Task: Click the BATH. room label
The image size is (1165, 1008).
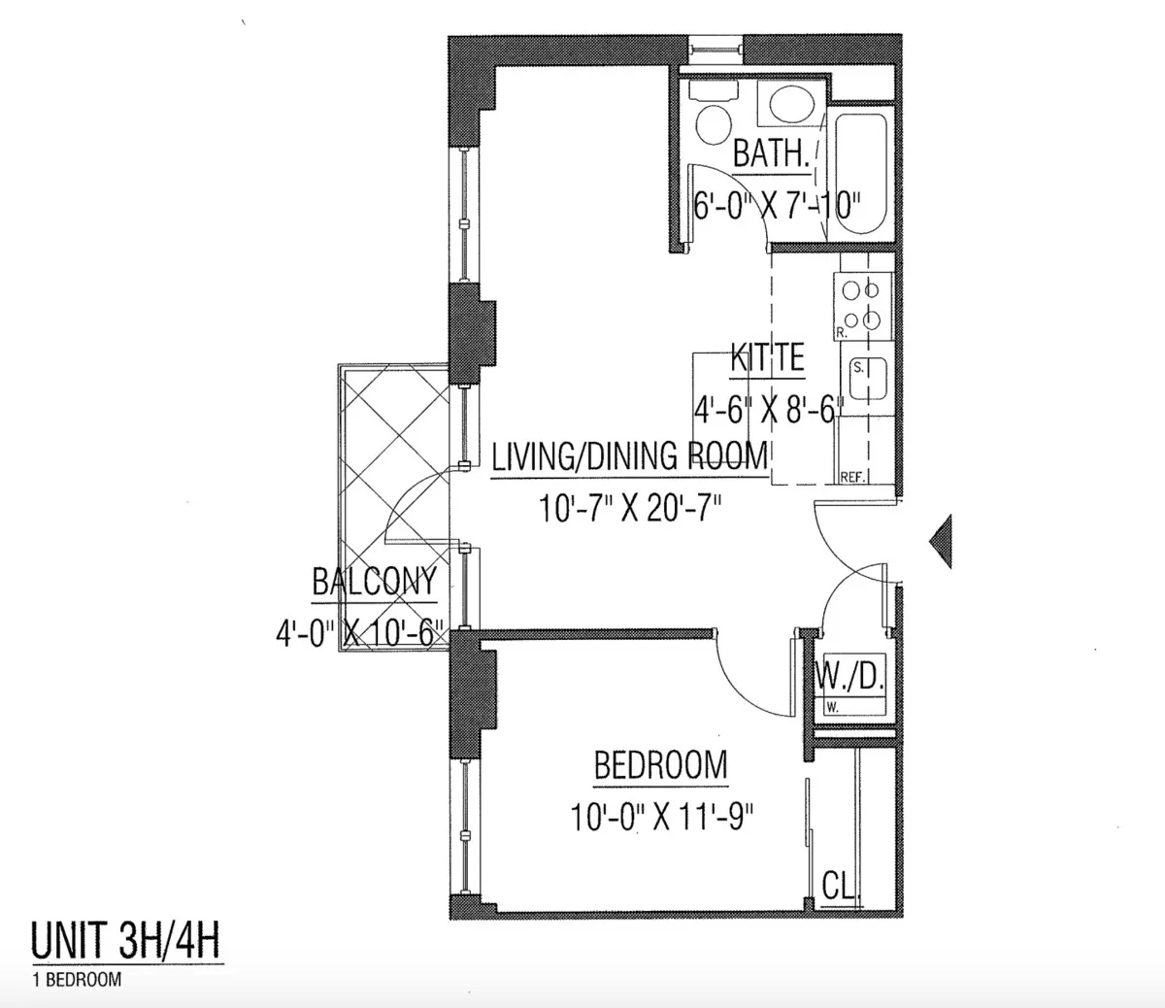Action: pyautogui.click(x=772, y=154)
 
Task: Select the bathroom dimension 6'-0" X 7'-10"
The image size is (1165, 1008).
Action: pyautogui.click(x=778, y=206)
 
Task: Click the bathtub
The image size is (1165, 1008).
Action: pyautogui.click(x=861, y=173)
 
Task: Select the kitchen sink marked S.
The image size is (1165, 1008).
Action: pyautogui.click(x=870, y=380)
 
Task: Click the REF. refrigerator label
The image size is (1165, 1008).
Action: pyautogui.click(x=853, y=477)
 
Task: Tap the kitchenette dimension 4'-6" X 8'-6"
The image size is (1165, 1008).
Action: pyautogui.click(x=766, y=410)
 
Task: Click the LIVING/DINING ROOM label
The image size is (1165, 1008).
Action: pyautogui.click(x=630, y=456)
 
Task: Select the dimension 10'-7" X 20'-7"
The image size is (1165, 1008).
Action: pyautogui.click(x=630, y=508)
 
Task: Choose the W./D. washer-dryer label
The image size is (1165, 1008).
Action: pyautogui.click(x=850, y=676)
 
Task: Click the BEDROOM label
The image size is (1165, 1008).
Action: pyautogui.click(x=660, y=765)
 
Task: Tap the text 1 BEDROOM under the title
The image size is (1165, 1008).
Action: pyautogui.click(x=77, y=979)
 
